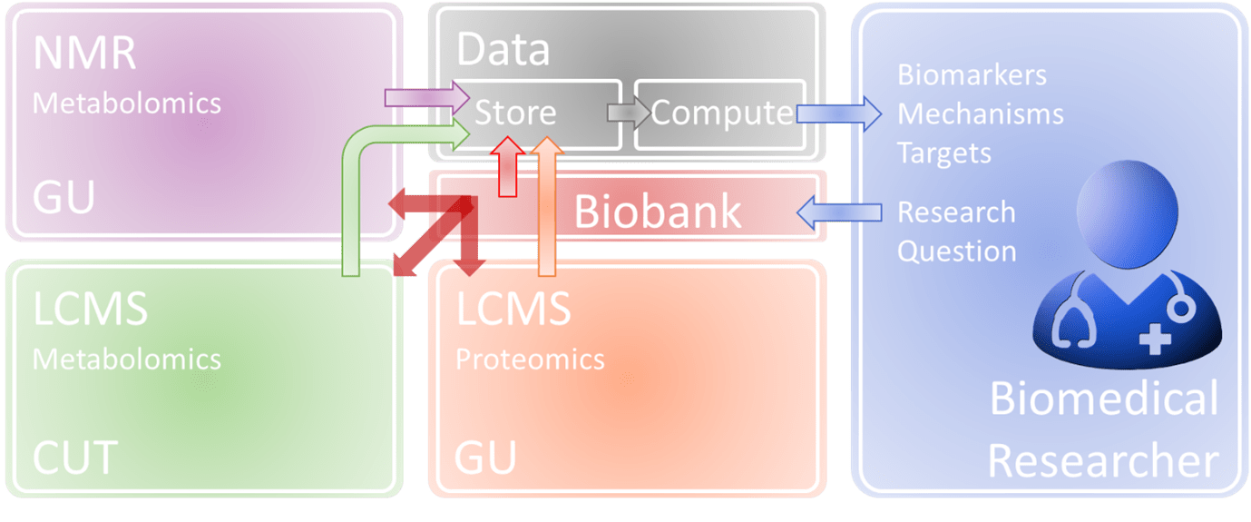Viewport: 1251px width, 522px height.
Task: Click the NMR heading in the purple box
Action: tap(84, 54)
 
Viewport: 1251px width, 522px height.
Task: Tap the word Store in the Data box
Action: tap(515, 113)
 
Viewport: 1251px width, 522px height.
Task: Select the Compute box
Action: tap(720, 113)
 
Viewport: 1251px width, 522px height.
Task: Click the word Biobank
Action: tap(658, 212)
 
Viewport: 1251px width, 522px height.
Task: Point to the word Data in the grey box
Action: tap(503, 50)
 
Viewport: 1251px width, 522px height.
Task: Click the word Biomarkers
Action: tap(972, 74)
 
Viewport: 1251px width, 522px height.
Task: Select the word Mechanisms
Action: tap(980, 114)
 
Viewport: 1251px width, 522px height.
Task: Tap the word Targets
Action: tap(944, 153)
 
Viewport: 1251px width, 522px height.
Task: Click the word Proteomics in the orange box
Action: tap(530, 359)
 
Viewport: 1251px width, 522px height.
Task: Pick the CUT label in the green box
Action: tap(75, 459)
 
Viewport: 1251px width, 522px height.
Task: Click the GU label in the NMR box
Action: tap(64, 197)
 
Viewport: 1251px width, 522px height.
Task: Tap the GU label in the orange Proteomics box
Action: tap(486, 457)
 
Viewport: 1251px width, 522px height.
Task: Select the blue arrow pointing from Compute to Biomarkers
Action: tap(840, 114)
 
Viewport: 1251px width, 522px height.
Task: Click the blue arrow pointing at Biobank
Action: tap(839, 212)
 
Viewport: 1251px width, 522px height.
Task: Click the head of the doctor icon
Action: tap(1134, 210)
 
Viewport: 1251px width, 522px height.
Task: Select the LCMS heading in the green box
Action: tap(90, 310)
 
